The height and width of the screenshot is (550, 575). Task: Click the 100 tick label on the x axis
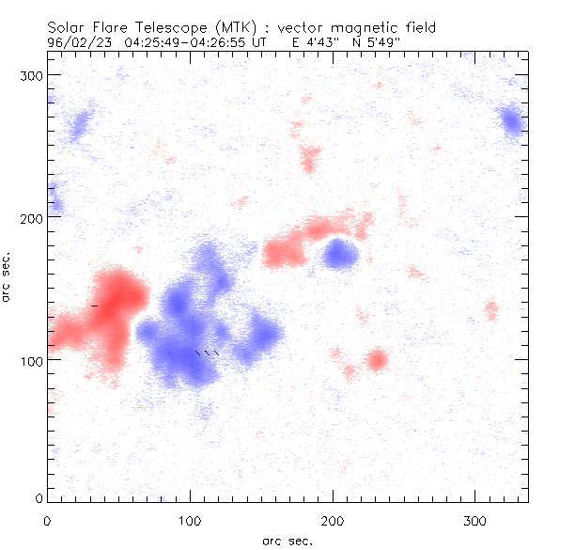190,520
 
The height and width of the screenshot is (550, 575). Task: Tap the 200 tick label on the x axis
333,520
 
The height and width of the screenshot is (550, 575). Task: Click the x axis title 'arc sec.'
287,540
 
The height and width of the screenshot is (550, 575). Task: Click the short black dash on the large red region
94,306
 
